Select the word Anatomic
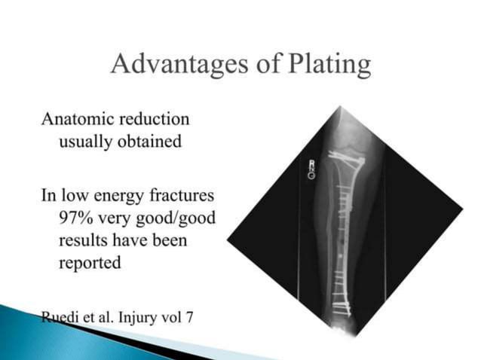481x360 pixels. [76, 119]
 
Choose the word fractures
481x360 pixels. [181, 197]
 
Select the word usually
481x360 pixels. [86, 141]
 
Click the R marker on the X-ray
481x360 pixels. [311, 163]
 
